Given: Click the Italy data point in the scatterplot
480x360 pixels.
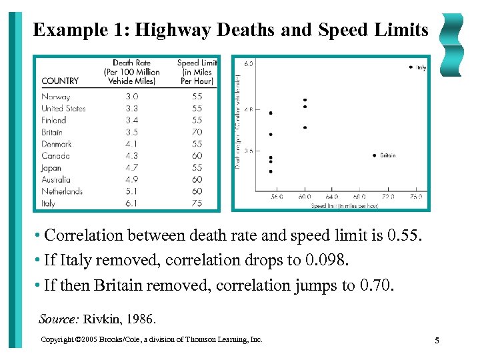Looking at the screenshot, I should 410,67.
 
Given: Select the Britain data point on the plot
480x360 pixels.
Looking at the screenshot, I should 375,155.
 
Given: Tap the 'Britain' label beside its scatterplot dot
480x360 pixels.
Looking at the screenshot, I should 388,155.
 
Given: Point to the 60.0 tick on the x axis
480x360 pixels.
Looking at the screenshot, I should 305,197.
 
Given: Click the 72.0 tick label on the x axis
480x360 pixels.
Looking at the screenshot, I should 388,197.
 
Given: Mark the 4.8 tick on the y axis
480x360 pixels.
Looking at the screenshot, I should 249,108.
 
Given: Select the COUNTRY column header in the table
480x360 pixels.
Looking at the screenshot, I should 60,81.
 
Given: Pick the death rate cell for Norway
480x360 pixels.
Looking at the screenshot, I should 131,97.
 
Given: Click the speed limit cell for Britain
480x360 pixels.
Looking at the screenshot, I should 197,132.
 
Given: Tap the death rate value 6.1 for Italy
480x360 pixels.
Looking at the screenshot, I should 131,203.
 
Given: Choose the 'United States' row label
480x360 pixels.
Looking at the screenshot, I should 63,108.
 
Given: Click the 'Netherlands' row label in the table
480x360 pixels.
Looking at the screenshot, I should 62,191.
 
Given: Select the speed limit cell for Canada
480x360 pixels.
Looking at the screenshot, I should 197,155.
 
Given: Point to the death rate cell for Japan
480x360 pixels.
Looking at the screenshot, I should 131,167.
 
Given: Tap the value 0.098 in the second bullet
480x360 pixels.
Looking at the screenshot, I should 375,261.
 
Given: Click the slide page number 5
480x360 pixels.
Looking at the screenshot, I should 437,341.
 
